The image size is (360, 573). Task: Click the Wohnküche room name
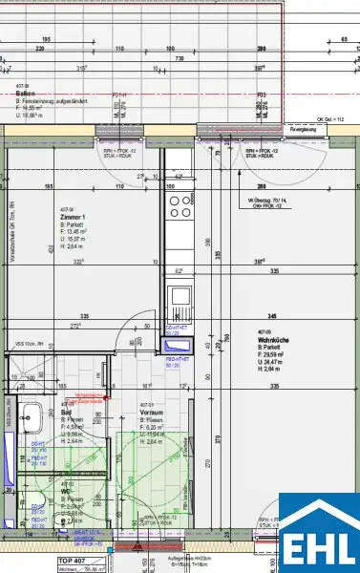click(275, 341)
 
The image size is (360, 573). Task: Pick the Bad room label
click(66, 411)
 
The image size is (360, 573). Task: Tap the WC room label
click(68, 492)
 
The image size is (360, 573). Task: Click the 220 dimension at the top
click(40, 47)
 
